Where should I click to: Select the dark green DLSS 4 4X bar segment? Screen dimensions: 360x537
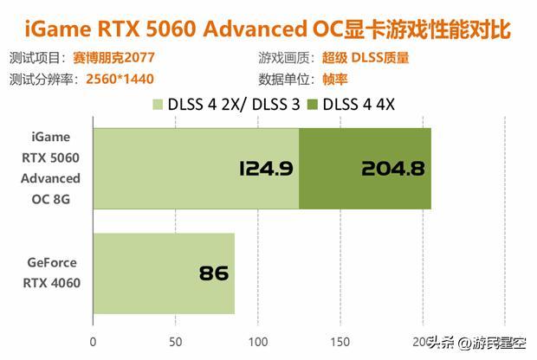(365, 169)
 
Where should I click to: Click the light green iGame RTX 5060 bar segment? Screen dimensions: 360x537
(195, 169)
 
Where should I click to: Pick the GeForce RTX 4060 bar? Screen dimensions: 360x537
(163, 273)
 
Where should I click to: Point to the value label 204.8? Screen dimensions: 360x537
(394, 169)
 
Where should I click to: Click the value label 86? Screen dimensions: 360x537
(213, 274)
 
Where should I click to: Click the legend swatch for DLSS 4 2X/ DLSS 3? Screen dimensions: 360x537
(159, 106)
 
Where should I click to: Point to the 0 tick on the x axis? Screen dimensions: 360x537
(94, 341)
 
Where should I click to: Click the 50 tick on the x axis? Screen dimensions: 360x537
(176, 341)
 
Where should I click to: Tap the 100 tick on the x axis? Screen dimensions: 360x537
(258, 341)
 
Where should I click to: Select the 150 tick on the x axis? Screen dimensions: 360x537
(340, 341)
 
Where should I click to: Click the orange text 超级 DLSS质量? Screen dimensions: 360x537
(366, 59)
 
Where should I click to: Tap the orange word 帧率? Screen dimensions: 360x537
(334, 79)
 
